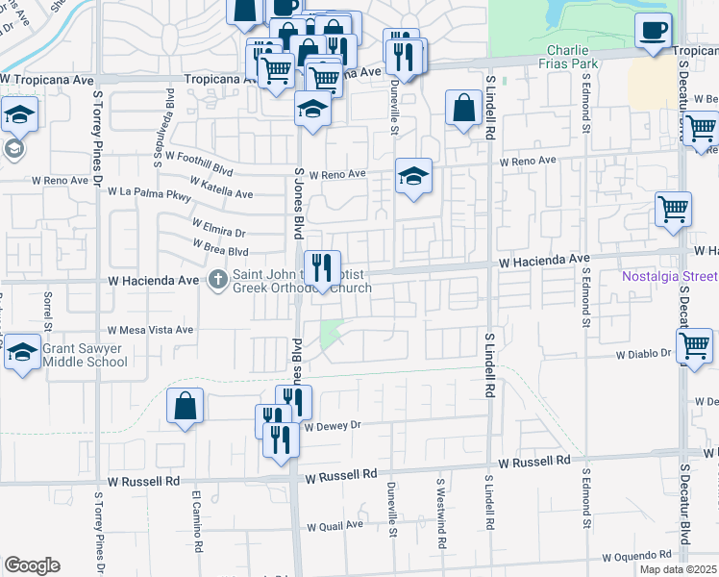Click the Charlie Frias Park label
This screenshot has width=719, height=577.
[x=572, y=57]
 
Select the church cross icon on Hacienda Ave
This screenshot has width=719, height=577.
[x=217, y=281]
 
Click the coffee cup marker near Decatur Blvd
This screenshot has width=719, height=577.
[x=654, y=30]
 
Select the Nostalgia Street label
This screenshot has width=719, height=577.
[x=670, y=276]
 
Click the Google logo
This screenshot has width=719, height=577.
[x=32, y=565]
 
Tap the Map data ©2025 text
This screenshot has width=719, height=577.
[x=678, y=569]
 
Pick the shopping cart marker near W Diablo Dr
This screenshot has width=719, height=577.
[x=694, y=346]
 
